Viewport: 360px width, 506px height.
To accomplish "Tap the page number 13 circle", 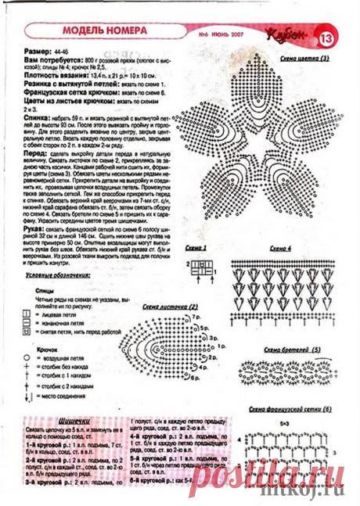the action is [326, 36].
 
